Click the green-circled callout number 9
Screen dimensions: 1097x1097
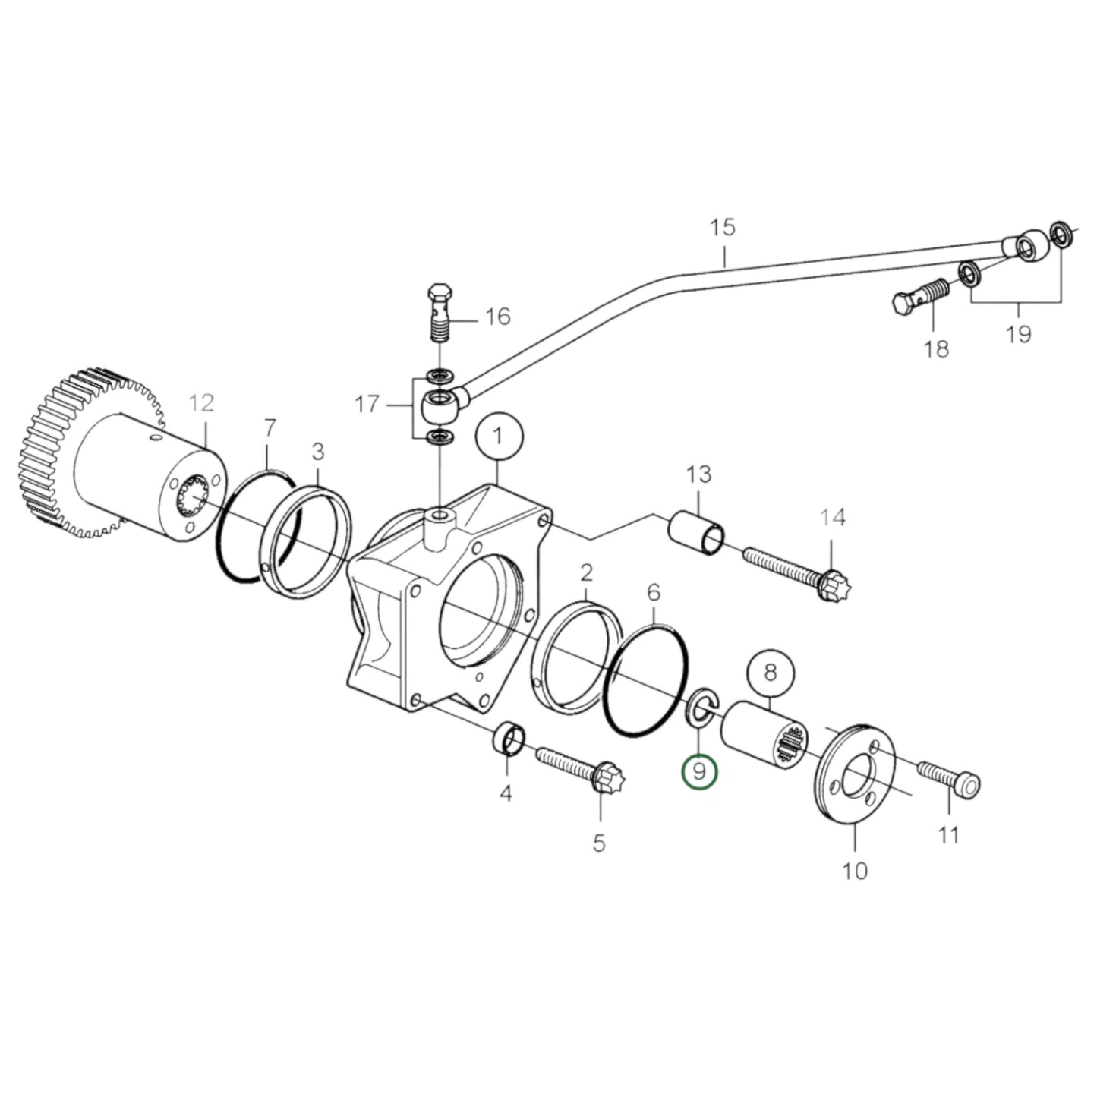pyautogui.click(x=699, y=772)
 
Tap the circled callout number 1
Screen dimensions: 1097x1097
pyautogui.click(x=498, y=437)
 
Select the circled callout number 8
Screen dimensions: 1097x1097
pyautogui.click(x=770, y=673)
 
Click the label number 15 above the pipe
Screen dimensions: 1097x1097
pyautogui.click(x=723, y=227)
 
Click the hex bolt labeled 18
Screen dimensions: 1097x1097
pyautogui.click(x=918, y=298)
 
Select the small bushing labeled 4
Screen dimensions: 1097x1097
pyautogui.click(x=510, y=739)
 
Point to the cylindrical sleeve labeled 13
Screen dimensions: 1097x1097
pyautogui.click(x=695, y=533)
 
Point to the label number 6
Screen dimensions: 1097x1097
pyautogui.click(x=654, y=591)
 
